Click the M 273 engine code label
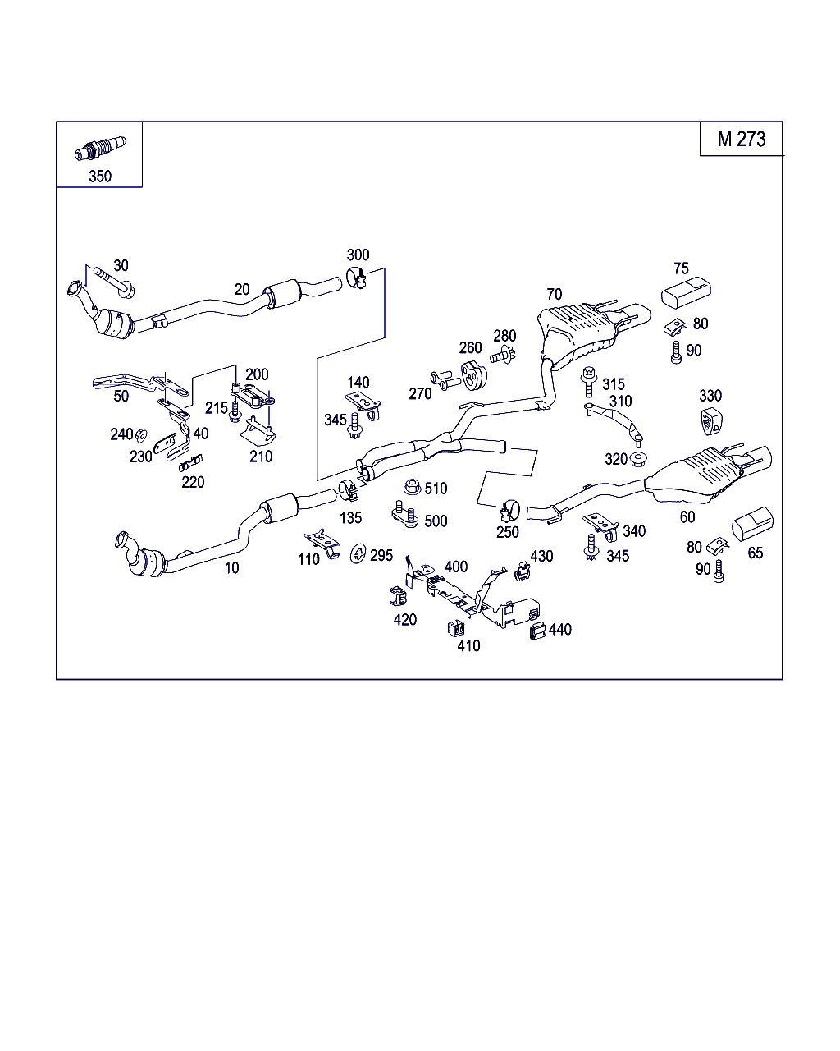click(x=741, y=140)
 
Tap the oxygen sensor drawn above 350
click(x=100, y=148)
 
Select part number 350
click(x=100, y=176)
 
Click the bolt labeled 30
click(x=114, y=282)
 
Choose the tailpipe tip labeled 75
click(x=686, y=292)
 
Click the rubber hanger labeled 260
click(x=473, y=375)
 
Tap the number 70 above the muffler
click(x=554, y=294)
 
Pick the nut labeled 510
click(x=413, y=487)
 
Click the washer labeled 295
click(x=358, y=553)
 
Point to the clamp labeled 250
click(x=509, y=512)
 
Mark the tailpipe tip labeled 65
click(x=752, y=524)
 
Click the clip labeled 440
click(x=537, y=631)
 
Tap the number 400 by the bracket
click(x=456, y=567)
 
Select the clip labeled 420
click(x=399, y=596)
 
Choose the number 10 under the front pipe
click(x=231, y=567)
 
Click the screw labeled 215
click(x=235, y=411)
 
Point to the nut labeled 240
click(x=141, y=434)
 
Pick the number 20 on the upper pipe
click(x=242, y=289)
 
